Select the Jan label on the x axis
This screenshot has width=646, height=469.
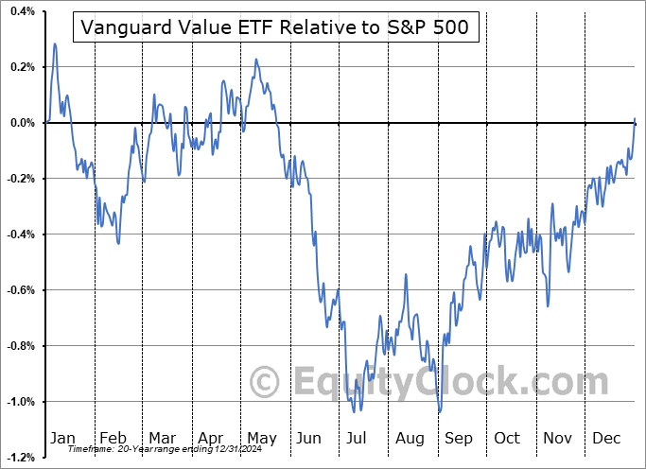pyautogui.click(x=63, y=438)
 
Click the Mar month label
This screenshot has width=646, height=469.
pyautogui.click(x=162, y=438)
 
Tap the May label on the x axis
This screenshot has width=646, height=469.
pyautogui.click(x=261, y=438)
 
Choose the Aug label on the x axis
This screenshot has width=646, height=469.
pyautogui.click(x=409, y=438)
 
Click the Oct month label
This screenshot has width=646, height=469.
pyautogui.click(x=508, y=438)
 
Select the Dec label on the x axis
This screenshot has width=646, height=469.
pyautogui.click(x=607, y=438)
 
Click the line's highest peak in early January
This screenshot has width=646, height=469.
pyautogui.click(x=55, y=43)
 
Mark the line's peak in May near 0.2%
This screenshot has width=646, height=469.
pyautogui.click(x=255, y=60)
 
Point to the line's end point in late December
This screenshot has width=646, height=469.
pyautogui.click(x=635, y=118)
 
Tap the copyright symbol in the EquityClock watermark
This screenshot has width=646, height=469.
pyautogui.click(x=265, y=383)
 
